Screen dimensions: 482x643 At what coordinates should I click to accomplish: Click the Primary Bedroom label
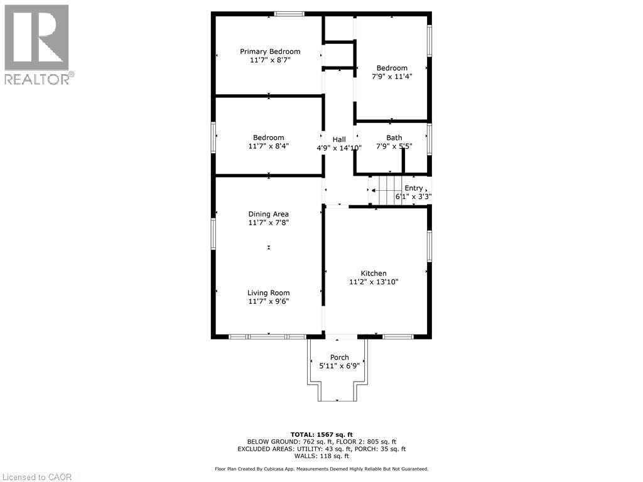270,51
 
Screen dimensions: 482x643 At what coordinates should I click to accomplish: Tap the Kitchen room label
373,273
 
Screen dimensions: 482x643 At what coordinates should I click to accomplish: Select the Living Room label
268,292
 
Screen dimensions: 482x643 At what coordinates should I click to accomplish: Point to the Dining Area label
268,214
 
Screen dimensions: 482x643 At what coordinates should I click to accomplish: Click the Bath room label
394,138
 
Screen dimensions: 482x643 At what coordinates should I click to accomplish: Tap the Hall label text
339,139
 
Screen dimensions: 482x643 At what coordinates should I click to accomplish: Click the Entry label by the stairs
413,188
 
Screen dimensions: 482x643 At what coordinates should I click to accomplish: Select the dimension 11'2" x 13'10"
374,282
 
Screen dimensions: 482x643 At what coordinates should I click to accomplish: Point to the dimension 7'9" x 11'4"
392,77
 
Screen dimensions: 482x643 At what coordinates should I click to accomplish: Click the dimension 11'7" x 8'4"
268,146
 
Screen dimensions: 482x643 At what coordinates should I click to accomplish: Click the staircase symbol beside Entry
384,190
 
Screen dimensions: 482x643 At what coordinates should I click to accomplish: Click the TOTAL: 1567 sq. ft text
321,434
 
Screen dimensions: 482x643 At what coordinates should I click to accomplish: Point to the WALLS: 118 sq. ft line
321,456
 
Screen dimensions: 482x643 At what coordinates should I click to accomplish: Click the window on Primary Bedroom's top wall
289,14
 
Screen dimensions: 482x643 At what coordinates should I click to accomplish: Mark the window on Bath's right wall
430,139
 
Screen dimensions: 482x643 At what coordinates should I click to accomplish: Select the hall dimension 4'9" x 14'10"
339,148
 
